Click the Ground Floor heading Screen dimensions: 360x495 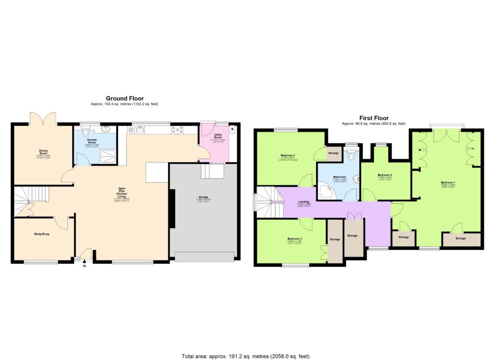125,99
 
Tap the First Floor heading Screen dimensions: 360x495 374,118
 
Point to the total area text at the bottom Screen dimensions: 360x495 246,357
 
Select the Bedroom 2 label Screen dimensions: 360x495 288,156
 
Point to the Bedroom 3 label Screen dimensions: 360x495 294,239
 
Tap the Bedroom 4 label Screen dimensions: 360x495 385,175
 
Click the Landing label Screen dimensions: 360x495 304,202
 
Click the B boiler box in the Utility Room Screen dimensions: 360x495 232,130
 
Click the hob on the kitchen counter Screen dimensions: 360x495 178,129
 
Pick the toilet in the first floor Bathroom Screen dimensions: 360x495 351,156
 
